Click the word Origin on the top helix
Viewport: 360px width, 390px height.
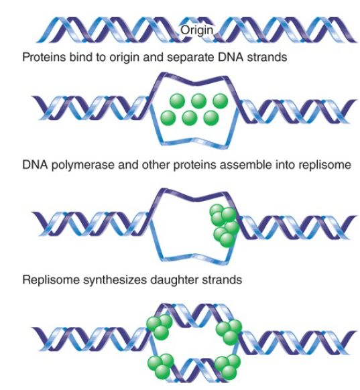pyautogui.click(x=197, y=31)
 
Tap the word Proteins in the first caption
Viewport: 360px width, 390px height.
pyautogui.click(x=44, y=57)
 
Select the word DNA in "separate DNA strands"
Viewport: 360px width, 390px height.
pyautogui.click(x=230, y=57)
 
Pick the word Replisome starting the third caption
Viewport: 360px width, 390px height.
pyautogui.click(x=51, y=280)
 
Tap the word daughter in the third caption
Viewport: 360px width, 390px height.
pyautogui.click(x=174, y=280)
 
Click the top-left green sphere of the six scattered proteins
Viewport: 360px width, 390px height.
pyautogui.click(x=177, y=101)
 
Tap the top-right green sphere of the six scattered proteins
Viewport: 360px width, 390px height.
pyautogui.click(x=221, y=101)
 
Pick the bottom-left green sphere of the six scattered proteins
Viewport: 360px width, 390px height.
pyautogui.click(x=168, y=118)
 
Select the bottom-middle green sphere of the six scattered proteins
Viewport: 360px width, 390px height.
pyautogui.click(x=190, y=118)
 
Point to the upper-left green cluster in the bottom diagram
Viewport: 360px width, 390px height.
pyautogui.click(x=160, y=327)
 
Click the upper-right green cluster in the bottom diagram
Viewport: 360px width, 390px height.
pyautogui.click(x=229, y=332)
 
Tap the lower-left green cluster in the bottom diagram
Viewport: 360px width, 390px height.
pyautogui.click(x=161, y=366)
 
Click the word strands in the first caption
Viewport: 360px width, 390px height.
pyautogui.click(x=267, y=57)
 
